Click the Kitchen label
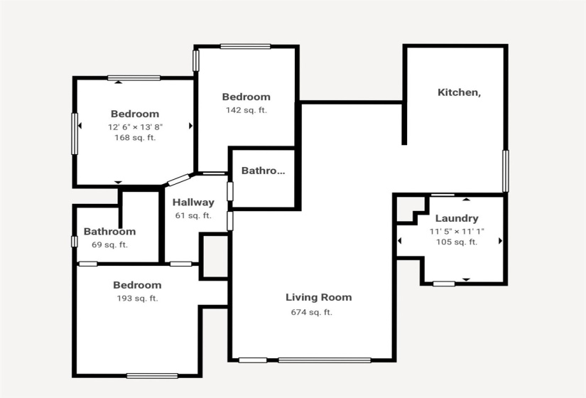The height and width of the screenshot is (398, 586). [x=459, y=92]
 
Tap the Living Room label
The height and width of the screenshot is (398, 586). [x=318, y=297]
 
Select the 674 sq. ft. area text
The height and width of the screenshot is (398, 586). [x=311, y=312]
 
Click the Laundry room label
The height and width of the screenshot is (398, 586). [x=457, y=218]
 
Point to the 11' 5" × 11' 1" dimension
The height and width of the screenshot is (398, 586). [x=457, y=231]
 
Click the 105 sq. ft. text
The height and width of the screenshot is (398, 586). [x=457, y=242]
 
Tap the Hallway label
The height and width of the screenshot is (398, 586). [x=193, y=203]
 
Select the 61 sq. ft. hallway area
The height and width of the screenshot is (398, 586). [x=193, y=215]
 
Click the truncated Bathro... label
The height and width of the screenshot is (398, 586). [x=263, y=171]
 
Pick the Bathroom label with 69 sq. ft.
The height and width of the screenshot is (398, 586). [x=109, y=232]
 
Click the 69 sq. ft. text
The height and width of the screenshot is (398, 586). [x=109, y=244]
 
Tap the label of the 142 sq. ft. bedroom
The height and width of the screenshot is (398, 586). [x=246, y=97]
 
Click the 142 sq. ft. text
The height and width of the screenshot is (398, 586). [x=246, y=110]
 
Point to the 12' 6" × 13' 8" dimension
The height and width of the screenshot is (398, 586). [x=135, y=127]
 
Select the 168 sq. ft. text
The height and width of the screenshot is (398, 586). [x=135, y=138]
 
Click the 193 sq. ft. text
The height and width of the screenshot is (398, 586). [x=137, y=298]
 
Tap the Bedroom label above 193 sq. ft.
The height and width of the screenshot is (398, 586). [x=137, y=286]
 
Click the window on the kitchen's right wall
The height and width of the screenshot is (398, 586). [x=505, y=171]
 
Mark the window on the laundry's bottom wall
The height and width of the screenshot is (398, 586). [x=444, y=284]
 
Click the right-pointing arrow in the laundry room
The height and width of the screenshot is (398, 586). [x=500, y=241]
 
